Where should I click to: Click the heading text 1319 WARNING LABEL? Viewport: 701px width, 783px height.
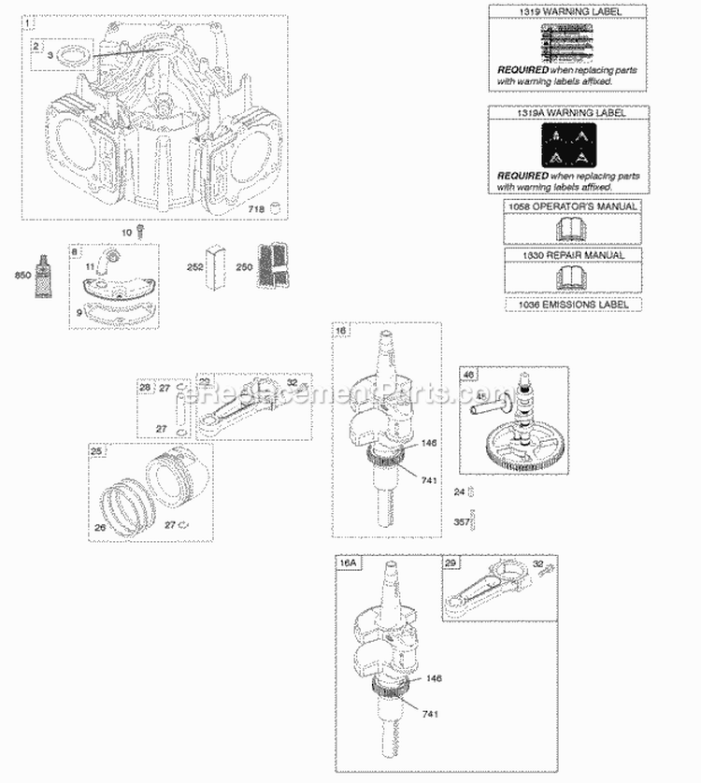pos(564,11)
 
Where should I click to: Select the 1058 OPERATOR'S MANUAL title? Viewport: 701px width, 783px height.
pos(572,206)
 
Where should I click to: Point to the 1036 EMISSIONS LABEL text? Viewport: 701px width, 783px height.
pos(572,305)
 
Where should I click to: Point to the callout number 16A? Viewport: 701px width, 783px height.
pos(348,565)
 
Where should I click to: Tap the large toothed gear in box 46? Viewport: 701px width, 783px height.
pos(509,438)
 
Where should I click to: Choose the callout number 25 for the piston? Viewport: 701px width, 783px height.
pos(96,452)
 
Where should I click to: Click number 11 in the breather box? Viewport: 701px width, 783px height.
pos(91,267)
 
